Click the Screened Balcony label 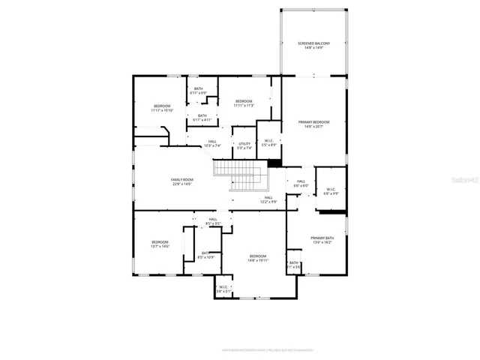point(314,46)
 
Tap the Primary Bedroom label point(314,124)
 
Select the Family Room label point(181,182)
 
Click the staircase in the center point(241,181)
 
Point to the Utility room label point(244,145)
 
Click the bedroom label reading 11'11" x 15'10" point(162,109)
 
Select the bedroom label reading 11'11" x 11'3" point(244,103)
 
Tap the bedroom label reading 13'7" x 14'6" point(160,244)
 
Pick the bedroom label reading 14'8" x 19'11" point(257,259)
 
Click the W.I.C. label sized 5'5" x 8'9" point(268,142)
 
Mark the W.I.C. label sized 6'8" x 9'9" point(331,191)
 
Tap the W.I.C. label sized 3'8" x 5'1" point(223,289)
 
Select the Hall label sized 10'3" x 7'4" point(212,144)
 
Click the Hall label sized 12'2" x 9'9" point(268,200)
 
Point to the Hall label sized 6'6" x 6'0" point(300,184)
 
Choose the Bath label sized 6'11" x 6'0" point(198,91)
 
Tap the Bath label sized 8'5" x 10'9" point(205,255)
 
